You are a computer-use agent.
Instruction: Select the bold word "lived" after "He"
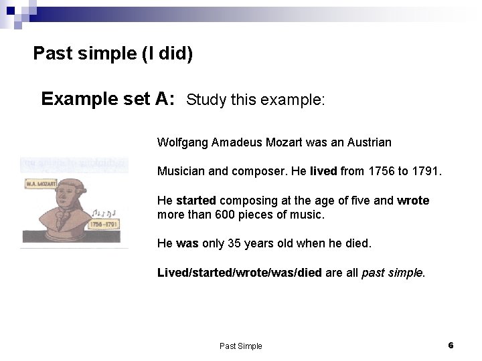[x=324, y=171]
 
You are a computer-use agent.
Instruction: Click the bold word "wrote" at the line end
[x=413, y=201]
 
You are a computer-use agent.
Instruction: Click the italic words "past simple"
[x=392, y=273]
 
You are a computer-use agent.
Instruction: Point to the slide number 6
[x=451, y=345]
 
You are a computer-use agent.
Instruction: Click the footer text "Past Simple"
[x=241, y=346]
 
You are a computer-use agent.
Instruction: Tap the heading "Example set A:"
[x=108, y=100]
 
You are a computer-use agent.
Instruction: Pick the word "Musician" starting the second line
[x=181, y=171]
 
